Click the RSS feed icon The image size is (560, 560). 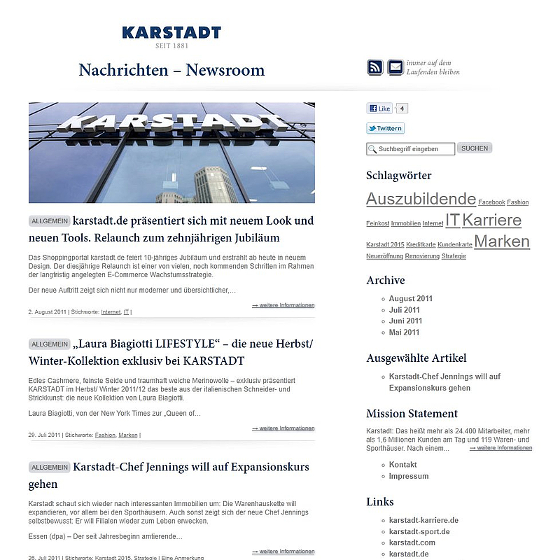[375, 68]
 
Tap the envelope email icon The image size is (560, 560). [395, 68]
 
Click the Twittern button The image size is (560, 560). [385, 128]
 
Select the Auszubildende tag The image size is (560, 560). [421, 199]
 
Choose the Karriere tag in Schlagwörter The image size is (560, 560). [491, 220]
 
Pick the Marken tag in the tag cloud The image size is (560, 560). [501, 241]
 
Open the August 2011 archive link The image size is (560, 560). [411, 298]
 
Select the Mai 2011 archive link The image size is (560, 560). [404, 332]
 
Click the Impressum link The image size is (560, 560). [409, 476]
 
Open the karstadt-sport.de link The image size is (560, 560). [419, 531]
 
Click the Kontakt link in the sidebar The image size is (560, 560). [402, 465]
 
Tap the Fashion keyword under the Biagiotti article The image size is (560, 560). [105, 435]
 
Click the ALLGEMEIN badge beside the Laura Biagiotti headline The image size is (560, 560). [50, 344]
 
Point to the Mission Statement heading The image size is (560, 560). [412, 414]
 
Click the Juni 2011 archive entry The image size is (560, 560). [405, 321]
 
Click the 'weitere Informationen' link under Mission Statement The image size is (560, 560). [500, 448]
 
